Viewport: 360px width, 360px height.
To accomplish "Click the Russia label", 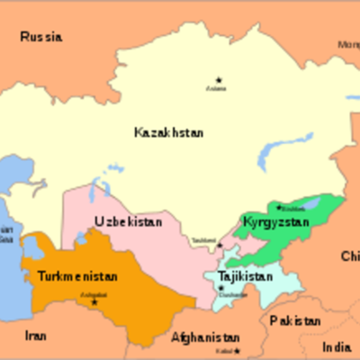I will (x=42, y=38).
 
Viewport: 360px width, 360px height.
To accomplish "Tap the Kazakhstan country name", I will (x=168, y=132).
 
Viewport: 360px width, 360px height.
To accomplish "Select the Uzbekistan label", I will (x=129, y=221).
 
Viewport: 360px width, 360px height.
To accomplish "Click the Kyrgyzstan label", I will (x=276, y=221).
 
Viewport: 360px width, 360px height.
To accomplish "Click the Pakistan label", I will (x=294, y=321).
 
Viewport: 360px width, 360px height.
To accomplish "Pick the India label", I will (x=337, y=346).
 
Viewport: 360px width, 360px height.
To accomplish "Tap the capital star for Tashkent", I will (x=219, y=245).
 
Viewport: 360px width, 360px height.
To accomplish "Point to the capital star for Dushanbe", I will (x=221, y=287).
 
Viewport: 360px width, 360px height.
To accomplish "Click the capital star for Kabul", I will (x=238, y=350).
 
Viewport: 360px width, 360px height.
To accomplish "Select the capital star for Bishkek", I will (x=279, y=206).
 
